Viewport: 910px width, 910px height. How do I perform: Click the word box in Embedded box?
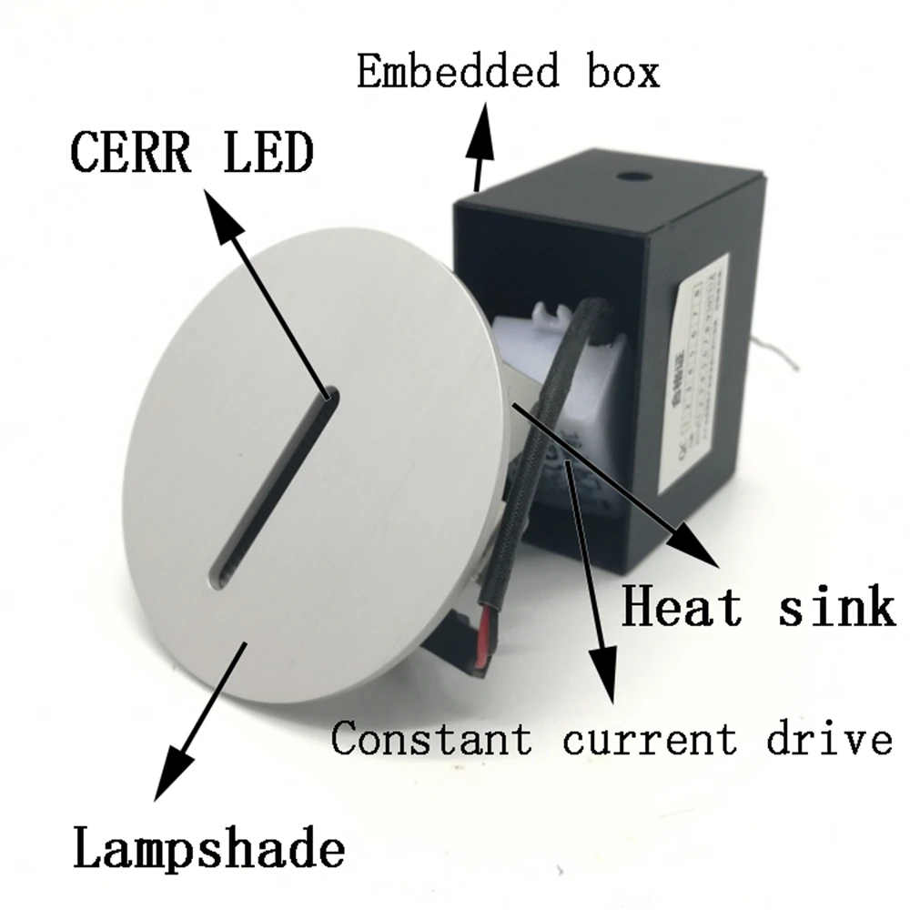tap(620, 72)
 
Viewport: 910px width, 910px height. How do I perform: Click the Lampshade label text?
tap(209, 850)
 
